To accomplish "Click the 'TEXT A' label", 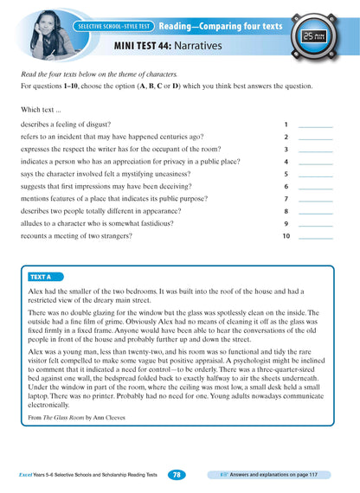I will pos(41,277).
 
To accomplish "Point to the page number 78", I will pos(176,475).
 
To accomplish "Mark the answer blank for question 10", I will pos(314,235).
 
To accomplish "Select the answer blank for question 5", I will pos(314,174).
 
